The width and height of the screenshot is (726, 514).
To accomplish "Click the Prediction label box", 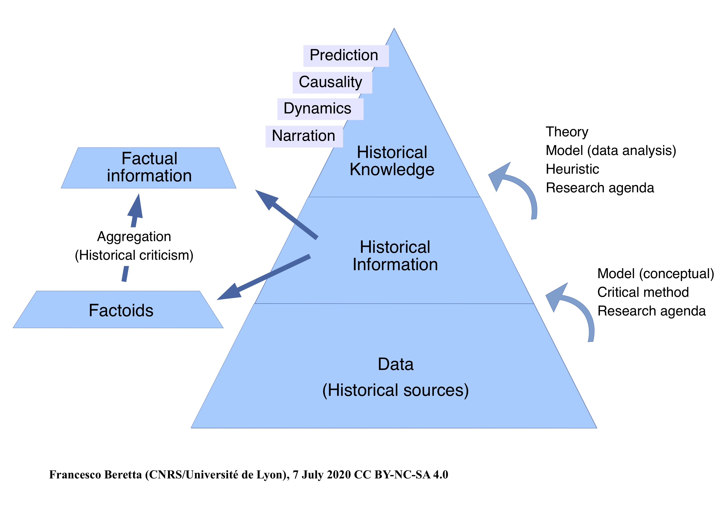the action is pyautogui.click(x=346, y=56).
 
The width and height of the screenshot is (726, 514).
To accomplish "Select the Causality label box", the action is pyautogui.click(x=332, y=82).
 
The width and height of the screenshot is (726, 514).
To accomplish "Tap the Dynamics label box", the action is pyautogui.click(x=320, y=109).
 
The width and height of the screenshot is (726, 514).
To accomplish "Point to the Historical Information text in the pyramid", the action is pyautogui.click(x=395, y=256).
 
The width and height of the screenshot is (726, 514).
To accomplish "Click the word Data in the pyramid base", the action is pyautogui.click(x=396, y=364).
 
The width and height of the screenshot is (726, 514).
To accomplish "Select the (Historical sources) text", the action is pyautogui.click(x=396, y=390).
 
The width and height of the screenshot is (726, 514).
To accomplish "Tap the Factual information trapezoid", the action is pyautogui.click(x=149, y=168).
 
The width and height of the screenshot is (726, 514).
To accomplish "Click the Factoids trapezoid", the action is pyautogui.click(x=118, y=309).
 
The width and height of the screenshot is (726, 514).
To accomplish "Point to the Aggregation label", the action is pyautogui.click(x=134, y=237).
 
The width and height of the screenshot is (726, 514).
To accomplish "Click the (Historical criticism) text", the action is pyautogui.click(x=134, y=255).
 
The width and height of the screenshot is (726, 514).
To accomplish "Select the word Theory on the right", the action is pyautogui.click(x=567, y=132).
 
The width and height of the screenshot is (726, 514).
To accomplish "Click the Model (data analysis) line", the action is pyautogui.click(x=611, y=151).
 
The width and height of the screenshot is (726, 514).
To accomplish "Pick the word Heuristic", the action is pyautogui.click(x=572, y=169).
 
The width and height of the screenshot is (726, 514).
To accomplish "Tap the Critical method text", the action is pyautogui.click(x=643, y=292).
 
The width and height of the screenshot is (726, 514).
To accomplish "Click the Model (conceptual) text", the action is pyautogui.click(x=656, y=274).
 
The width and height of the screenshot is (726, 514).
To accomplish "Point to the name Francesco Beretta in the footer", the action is pyautogui.click(x=95, y=475).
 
